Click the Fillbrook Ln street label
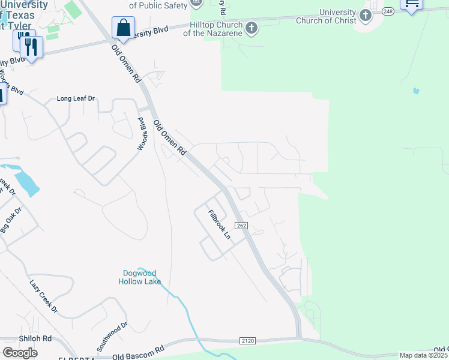219,224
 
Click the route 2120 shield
247,341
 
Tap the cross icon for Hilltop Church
252,28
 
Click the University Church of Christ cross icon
365,16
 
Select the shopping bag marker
123,28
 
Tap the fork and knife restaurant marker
32,46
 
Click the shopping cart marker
412,4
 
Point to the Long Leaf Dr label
76,98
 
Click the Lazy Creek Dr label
44,296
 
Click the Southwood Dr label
112,337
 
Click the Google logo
20,353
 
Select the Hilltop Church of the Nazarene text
215,29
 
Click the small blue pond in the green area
416,91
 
